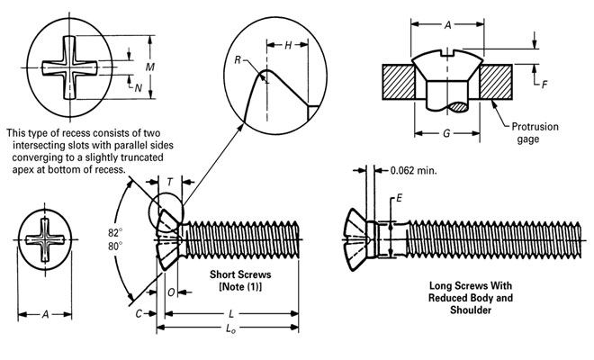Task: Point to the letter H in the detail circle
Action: click(286, 44)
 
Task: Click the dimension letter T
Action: click(170, 182)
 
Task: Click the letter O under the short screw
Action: click(171, 292)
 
